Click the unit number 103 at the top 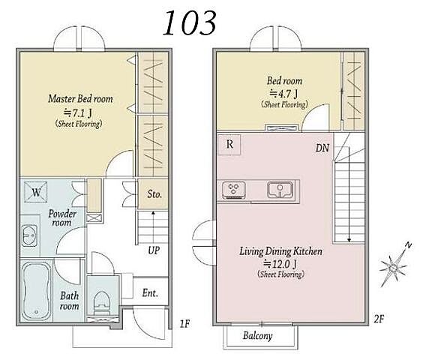[x=190, y=23]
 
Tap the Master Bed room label [x=80, y=99]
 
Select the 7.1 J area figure [x=78, y=112]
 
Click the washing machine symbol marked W [x=36, y=192]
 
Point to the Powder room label [x=62, y=218]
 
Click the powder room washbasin [x=29, y=235]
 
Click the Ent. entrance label [x=150, y=293]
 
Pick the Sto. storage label [x=154, y=194]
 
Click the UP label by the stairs [x=154, y=250]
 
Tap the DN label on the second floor [x=322, y=148]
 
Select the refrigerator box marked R [x=229, y=145]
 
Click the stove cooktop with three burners [x=233, y=190]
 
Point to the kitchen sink [x=280, y=190]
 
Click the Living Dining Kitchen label [x=280, y=251]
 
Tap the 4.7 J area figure [x=283, y=94]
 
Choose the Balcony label [x=258, y=336]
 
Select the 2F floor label [x=379, y=319]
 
